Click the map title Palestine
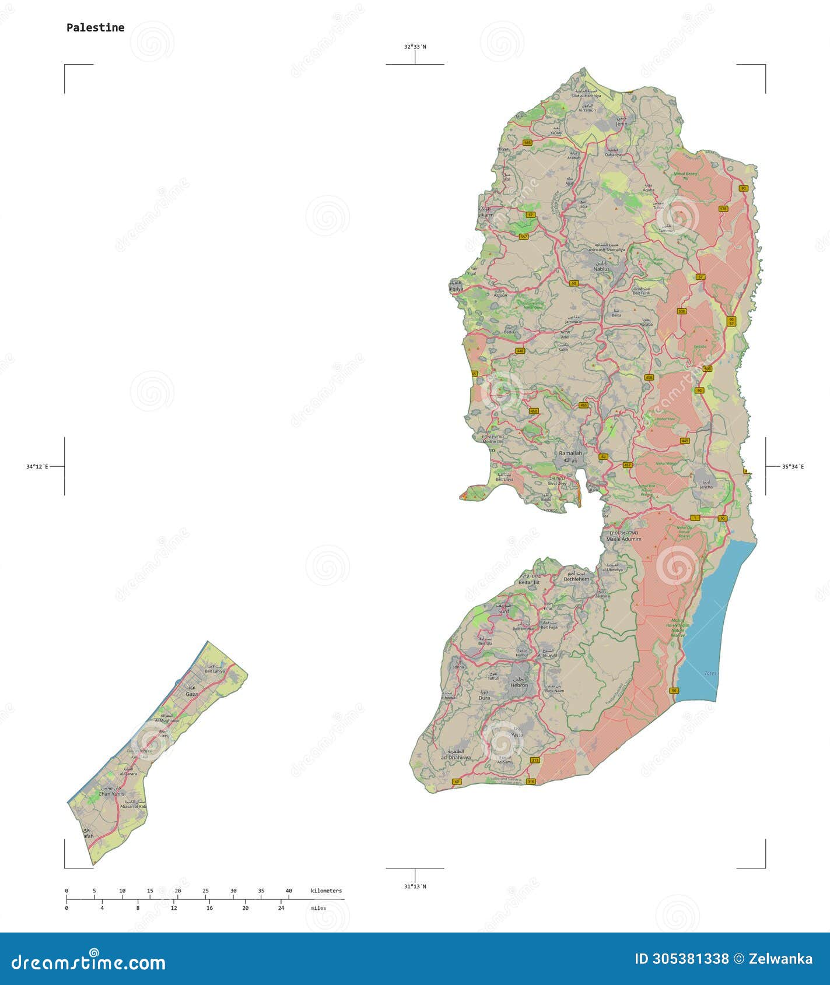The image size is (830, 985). click(x=95, y=27)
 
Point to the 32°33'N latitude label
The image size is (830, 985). click(x=415, y=46)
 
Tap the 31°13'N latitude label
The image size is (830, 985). click(x=415, y=886)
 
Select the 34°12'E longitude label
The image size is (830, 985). click(x=37, y=466)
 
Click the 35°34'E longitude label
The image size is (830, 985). click(x=793, y=466)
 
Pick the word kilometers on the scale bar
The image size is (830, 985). click(x=326, y=891)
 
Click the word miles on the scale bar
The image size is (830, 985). click(x=318, y=908)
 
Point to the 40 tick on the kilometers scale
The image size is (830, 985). click(x=289, y=891)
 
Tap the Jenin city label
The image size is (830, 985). click(x=621, y=124)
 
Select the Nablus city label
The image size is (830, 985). click(x=601, y=269)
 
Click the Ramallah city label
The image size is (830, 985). click(x=570, y=453)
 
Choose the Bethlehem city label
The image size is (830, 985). click(x=576, y=579)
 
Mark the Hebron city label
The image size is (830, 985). click(x=519, y=685)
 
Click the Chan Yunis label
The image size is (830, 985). click(x=111, y=794)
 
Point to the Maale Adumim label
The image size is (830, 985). click(x=624, y=539)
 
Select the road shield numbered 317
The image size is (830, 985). click(x=535, y=760)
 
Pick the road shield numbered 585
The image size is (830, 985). click(x=527, y=142)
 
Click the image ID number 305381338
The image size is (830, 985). click(x=681, y=959)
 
